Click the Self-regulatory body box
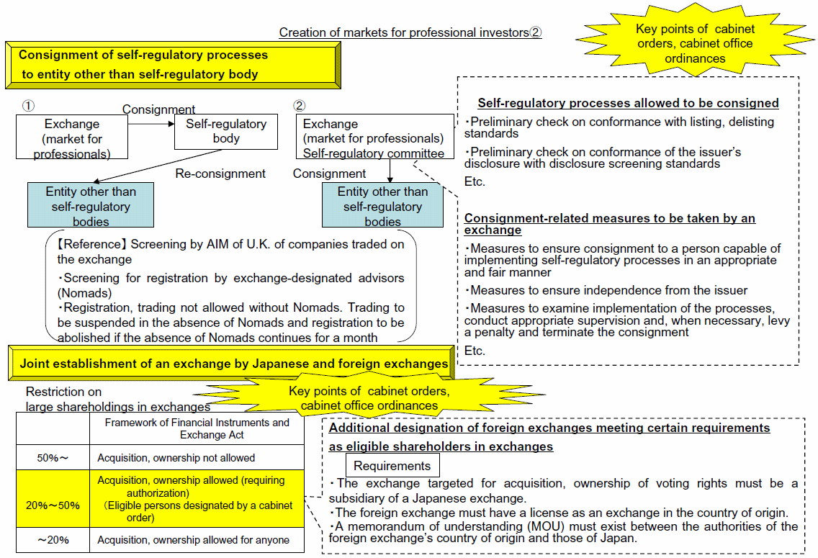coord(226,132)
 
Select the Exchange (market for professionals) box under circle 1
coord(72,137)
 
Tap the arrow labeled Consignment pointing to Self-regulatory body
coord(151,124)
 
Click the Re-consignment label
coord(220,174)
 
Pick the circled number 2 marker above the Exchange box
coord(299,106)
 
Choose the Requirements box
coord(392,465)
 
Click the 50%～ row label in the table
coord(53,458)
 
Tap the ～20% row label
coord(53,540)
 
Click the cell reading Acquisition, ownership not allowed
coord(197,458)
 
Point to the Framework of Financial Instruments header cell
coord(197,428)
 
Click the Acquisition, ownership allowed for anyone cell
coord(197,540)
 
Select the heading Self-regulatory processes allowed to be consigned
coord(628,103)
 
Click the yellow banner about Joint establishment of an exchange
coord(232,363)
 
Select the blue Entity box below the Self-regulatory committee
coord(382,205)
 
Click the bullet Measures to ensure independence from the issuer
coord(606,290)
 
